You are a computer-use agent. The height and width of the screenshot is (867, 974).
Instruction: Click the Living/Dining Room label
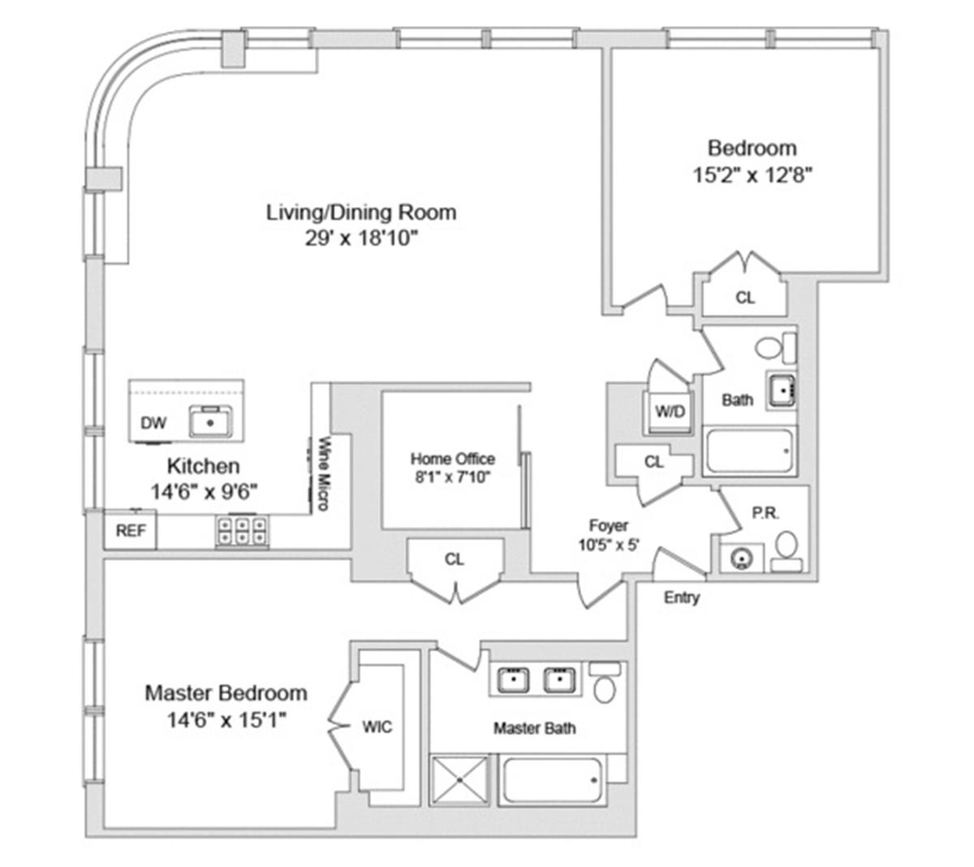(361, 212)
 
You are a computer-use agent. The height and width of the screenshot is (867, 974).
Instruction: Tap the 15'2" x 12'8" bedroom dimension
(752, 175)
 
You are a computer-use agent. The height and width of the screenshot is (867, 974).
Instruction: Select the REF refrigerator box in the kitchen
(131, 529)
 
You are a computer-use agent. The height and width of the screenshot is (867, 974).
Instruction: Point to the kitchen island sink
(210, 421)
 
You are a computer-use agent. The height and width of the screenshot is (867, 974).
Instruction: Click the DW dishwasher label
(153, 423)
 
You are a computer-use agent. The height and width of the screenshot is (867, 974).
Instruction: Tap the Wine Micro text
(324, 473)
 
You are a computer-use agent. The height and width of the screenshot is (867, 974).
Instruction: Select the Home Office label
(452, 459)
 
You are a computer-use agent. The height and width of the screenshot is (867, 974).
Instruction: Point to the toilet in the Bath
(775, 347)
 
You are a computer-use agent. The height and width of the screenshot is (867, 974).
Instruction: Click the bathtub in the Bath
(748, 451)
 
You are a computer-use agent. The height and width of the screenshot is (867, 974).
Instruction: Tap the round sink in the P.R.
(741, 559)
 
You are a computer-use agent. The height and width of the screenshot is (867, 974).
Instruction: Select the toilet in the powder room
(787, 551)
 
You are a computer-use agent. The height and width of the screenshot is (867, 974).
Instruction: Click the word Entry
(681, 597)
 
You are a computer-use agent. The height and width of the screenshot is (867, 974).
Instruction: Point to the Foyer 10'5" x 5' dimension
(608, 545)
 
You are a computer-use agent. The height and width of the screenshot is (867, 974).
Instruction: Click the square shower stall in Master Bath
(460, 779)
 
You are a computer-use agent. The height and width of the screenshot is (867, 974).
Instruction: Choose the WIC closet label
(377, 727)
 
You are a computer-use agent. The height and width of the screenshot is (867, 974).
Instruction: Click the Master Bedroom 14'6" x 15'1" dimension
(226, 720)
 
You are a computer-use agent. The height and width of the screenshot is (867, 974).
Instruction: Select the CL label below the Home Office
(455, 559)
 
